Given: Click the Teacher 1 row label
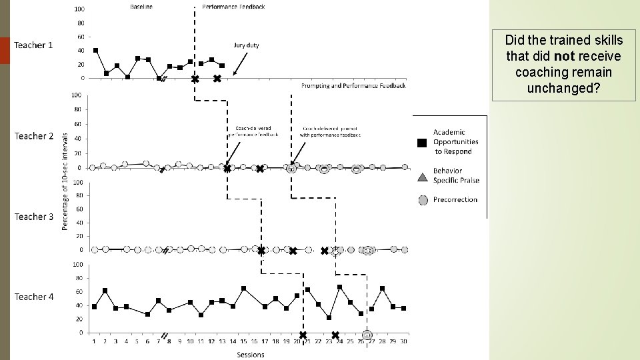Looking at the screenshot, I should (x=33, y=45).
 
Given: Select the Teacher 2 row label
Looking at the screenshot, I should (x=34, y=136).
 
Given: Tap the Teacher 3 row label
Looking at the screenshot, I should (x=34, y=217).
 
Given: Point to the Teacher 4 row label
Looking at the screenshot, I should (x=34, y=297).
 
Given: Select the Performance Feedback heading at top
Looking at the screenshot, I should (x=233, y=7).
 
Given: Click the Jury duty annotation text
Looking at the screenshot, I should (x=246, y=45).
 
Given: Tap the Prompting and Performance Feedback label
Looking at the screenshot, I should (x=353, y=85).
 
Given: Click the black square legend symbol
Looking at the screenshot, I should (x=422, y=143).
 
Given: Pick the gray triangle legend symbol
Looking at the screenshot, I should (x=422, y=177).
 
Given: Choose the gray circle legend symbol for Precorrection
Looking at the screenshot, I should (x=422, y=199).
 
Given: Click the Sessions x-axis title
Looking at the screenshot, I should (x=251, y=355).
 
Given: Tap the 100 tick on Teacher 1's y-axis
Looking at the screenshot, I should (x=79, y=9).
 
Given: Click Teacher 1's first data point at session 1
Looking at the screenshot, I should (x=96, y=50).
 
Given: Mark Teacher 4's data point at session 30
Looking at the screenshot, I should (x=403, y=308).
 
